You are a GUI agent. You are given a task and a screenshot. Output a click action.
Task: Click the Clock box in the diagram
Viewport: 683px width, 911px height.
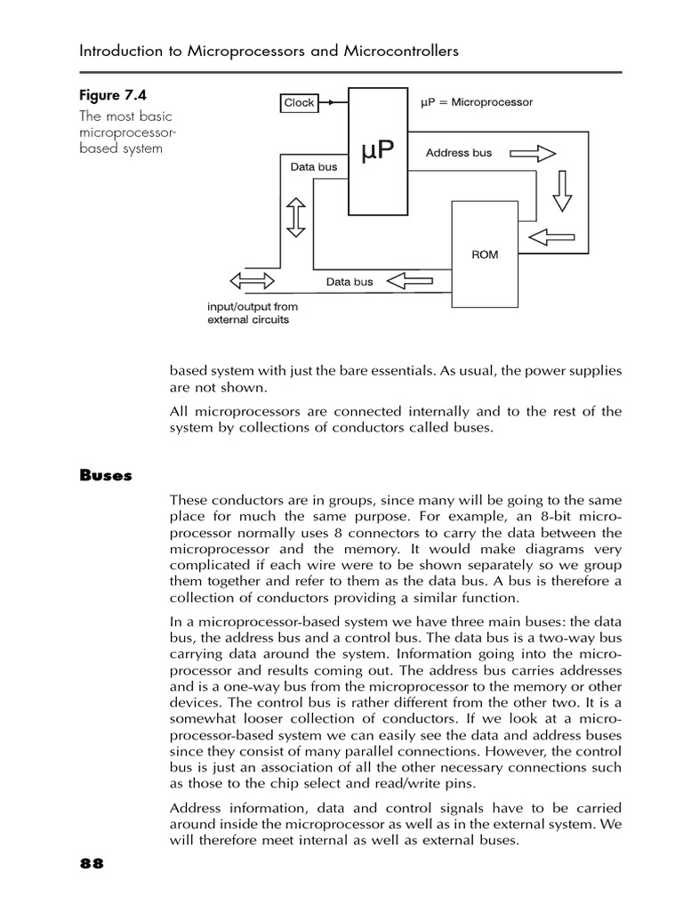tap(299, 102)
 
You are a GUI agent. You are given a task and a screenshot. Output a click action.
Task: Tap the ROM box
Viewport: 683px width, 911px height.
tap(485, 254)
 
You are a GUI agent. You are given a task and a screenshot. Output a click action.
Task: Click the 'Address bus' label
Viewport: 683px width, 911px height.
tap(458, 153)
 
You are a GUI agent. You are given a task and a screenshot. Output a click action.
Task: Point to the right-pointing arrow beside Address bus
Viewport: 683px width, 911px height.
tap(534, 153)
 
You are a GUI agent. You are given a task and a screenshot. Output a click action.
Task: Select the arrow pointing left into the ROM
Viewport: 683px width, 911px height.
tap(550, 238)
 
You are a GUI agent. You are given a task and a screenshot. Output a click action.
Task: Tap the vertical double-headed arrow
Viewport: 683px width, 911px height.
tap(296, 218)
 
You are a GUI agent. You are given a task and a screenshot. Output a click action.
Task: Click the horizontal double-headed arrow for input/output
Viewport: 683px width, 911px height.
tap(253, 281)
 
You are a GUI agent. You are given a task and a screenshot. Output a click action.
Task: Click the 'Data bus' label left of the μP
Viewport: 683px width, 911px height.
tap(314, 166)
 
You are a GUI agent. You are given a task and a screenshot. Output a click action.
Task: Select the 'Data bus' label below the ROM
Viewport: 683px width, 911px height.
tap(350, 282)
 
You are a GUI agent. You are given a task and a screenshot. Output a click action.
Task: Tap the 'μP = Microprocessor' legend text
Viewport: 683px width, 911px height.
tap(476, 102)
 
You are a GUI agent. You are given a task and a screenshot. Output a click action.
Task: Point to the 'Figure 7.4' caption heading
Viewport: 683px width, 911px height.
tap(113, 95)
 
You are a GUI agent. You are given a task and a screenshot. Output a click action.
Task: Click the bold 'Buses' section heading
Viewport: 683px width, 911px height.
tap(106, 475)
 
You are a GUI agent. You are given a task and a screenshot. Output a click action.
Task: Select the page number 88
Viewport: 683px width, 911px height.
tap(92, 864)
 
